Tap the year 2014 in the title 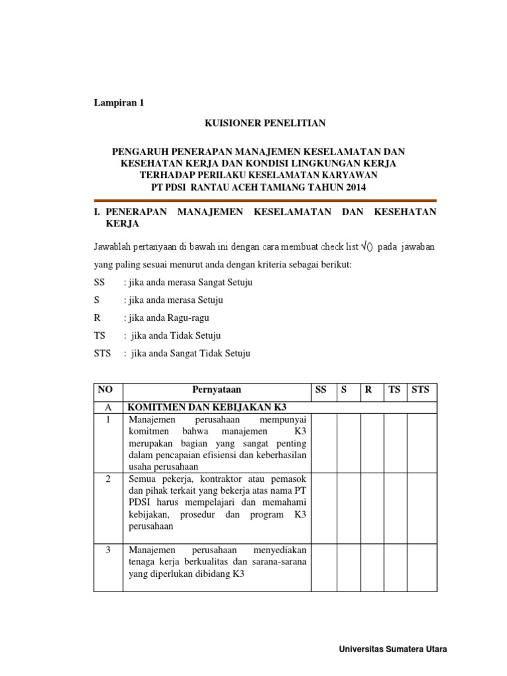(353, 187)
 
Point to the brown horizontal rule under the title (265, 200)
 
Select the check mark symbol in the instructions (363, 247)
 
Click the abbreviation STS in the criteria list (104, 353)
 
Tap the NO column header (106, 389)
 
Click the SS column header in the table (321, 389)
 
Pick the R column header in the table (369, 389)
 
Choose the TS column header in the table (395, 389)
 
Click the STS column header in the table (421, 389)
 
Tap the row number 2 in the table (108, 478)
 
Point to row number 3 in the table (108, 549)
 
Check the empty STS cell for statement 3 (422, 566)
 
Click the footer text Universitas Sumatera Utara (392, 650)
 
